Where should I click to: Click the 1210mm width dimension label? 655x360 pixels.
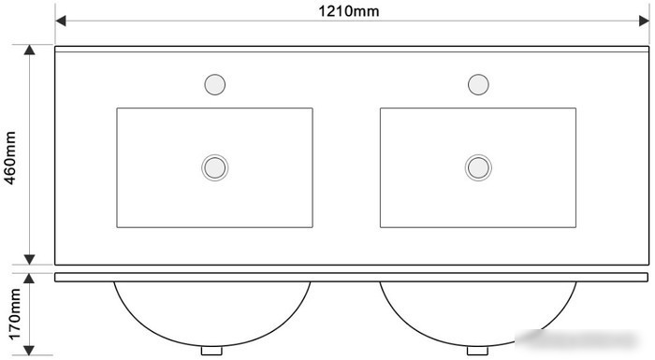click(349, 11)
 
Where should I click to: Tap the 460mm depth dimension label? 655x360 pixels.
click(10, 157)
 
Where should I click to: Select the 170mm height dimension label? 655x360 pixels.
click(14, 313)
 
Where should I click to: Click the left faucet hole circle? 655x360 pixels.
click(214, 84)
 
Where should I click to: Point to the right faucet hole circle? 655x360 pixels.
click(478, 84)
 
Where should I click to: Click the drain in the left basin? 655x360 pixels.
click(214, 167)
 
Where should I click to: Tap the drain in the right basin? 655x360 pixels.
click(478, 167)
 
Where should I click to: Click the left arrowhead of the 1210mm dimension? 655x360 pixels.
click(61, 21)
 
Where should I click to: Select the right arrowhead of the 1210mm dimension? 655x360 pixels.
click(644, 21)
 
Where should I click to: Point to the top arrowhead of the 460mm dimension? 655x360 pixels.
click(29, 50)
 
